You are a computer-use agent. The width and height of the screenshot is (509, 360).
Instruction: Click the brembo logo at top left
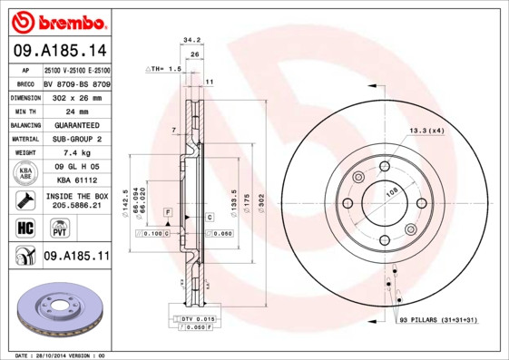(56, 20)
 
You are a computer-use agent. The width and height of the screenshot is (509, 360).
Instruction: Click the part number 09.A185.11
(76, 257)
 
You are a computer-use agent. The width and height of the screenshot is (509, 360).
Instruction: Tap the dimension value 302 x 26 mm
(76, 96)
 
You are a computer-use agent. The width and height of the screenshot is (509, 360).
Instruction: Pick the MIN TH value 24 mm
(76, 111)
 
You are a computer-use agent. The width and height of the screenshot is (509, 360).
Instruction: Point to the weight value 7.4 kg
(76, 153)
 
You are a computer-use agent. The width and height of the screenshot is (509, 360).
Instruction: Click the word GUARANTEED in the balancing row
(76, 125)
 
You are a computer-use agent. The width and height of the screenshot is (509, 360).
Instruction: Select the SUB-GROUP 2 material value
(76, 139)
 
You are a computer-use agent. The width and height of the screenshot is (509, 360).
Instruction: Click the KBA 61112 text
(76, 181)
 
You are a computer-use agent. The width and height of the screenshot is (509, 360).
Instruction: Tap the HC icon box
(24, 227)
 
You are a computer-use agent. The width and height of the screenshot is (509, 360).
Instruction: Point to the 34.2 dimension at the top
(191, 40)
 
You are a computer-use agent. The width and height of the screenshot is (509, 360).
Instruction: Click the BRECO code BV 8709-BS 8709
(76, 83)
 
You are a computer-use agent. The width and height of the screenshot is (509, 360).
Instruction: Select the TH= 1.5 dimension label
(165, 69)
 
